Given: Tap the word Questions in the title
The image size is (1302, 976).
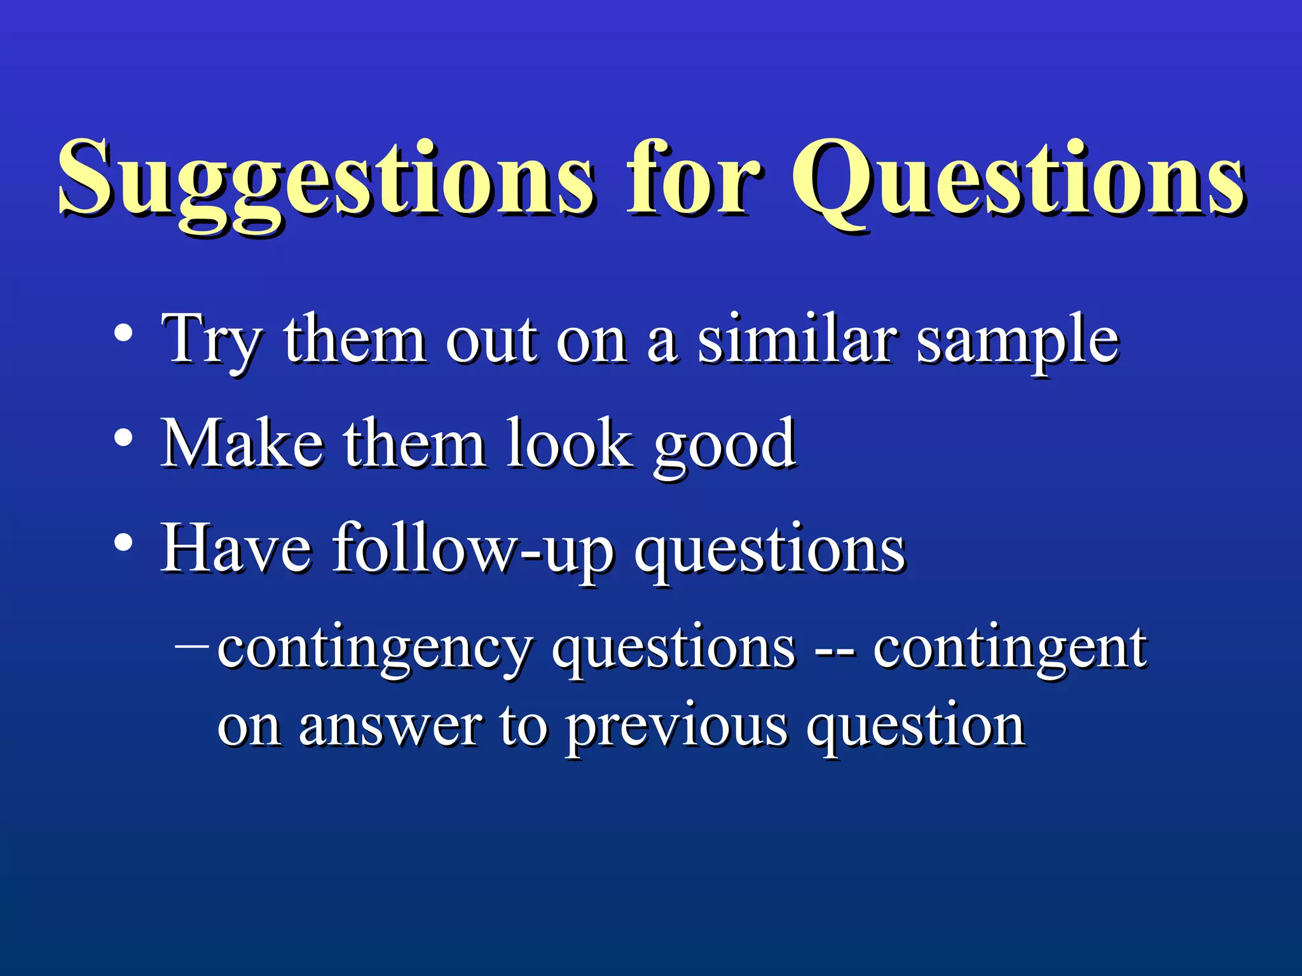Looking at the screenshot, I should tap(1017, 181).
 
